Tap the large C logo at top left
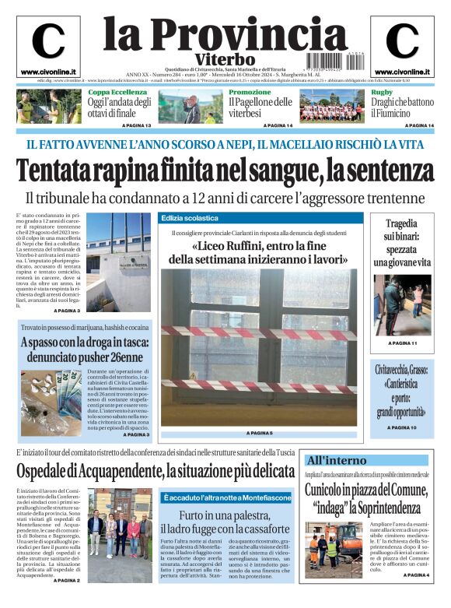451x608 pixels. coord(48,42)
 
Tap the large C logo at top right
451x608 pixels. coord(402,42)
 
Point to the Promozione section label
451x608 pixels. coord(250,93)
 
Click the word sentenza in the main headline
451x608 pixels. coord(385,169)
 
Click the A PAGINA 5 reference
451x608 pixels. coord(259,432)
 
